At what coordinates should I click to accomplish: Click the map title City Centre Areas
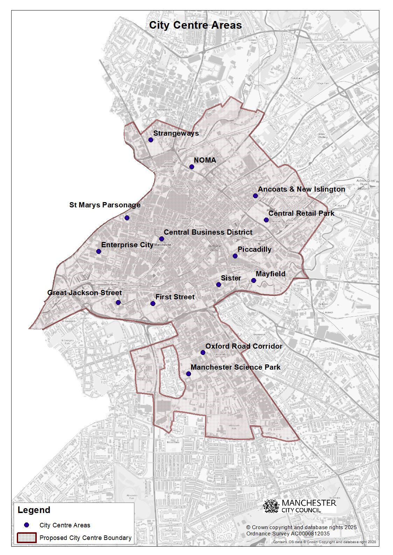coord(195,26)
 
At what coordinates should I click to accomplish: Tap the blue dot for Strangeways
coord(151,140)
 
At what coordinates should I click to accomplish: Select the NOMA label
coord(205,160)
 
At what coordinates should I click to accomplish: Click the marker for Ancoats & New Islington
coord(255,196)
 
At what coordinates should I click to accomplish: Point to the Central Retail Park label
coord(301,213)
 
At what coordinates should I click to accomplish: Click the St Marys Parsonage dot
coord(127,218)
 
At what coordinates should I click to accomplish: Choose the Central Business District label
coord(208,232)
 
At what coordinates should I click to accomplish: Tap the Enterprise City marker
coord(99,251)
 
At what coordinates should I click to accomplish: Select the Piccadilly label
coord(254,249)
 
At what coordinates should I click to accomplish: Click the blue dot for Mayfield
coord(254,280)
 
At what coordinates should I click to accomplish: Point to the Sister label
coord(231,278)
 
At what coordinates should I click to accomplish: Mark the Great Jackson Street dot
coord(118,303)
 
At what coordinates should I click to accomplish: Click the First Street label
coord(175,297)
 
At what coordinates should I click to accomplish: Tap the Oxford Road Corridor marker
coord(203,353)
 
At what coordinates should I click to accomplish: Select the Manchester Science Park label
coord(236,367)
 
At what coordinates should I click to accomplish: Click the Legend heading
coord(34,510)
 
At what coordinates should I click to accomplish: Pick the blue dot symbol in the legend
coord(27,525)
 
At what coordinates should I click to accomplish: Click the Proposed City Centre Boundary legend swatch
coord(27,538)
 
